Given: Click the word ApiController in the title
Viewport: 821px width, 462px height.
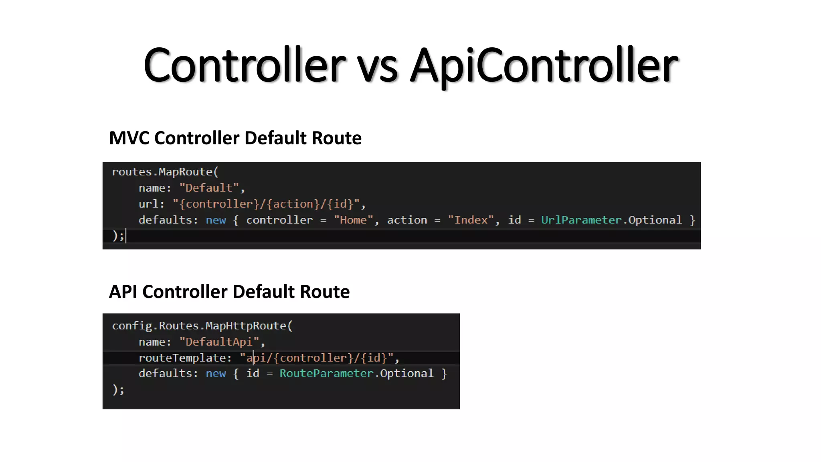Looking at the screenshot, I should click(x=544, y=65).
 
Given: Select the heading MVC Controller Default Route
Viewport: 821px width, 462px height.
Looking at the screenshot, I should click(x=235, y=138).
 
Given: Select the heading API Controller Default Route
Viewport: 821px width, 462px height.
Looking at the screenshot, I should click(x=229, y=292).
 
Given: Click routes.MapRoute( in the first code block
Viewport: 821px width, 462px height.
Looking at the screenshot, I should click(x=165, y=172).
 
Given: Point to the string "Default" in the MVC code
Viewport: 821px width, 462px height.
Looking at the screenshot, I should click(x=209, y=188).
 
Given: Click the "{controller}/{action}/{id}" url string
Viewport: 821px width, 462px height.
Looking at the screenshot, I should click(x=266, y=204).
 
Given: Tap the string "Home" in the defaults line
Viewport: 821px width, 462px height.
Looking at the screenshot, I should click(x=353, y=220).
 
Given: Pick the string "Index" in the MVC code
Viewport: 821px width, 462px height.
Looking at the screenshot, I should click(x=471, y=220).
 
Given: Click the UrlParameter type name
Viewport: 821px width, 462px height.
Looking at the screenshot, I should click(x=581, y=220).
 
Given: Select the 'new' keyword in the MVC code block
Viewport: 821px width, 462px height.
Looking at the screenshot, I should click(x=216, y=220).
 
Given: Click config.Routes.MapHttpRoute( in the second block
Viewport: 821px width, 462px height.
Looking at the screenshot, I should click(x=202, y=326).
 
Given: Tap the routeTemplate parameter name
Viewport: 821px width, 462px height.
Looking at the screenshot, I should click(x=182, y=358).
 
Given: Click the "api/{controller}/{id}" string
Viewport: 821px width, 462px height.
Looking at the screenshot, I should click(x=316, y=358).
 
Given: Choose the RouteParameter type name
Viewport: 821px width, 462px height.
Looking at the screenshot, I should click(x=326, y=373).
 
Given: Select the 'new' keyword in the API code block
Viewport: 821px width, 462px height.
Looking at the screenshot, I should click(x=216, y=373).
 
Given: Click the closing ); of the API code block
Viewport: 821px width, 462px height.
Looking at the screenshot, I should click(x=118, y=389).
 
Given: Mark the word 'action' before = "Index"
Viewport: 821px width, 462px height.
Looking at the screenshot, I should click(x=407, y=220).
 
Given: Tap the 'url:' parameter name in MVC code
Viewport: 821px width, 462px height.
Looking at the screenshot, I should click(x=151, y=204).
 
